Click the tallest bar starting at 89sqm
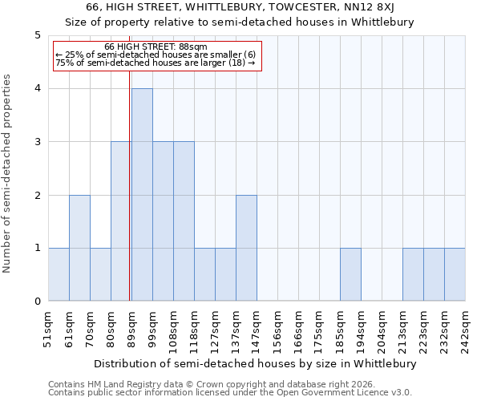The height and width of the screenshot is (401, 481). coord(142,195)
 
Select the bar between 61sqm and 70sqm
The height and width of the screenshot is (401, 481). coord(79,248)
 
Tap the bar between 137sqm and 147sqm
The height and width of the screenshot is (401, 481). coord(246,248)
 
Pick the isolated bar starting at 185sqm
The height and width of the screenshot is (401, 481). coord(350,274)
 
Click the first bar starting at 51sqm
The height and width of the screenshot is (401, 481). coord(59,274)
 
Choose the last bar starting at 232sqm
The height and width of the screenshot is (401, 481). coord(455,274)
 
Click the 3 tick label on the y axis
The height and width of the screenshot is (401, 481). coord(37,142)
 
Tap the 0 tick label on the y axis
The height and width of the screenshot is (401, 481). coord(37,302)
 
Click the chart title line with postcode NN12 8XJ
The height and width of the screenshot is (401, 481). coord(240,7)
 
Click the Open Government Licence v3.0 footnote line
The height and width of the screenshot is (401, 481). coord(230,393)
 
